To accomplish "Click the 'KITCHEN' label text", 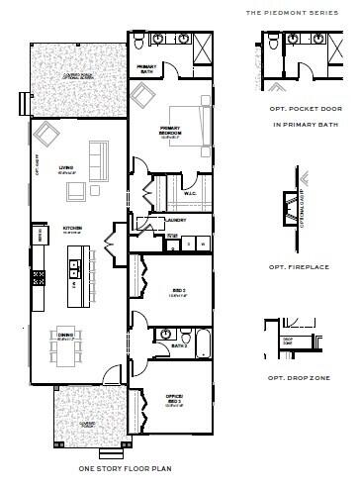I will click(72, 229).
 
